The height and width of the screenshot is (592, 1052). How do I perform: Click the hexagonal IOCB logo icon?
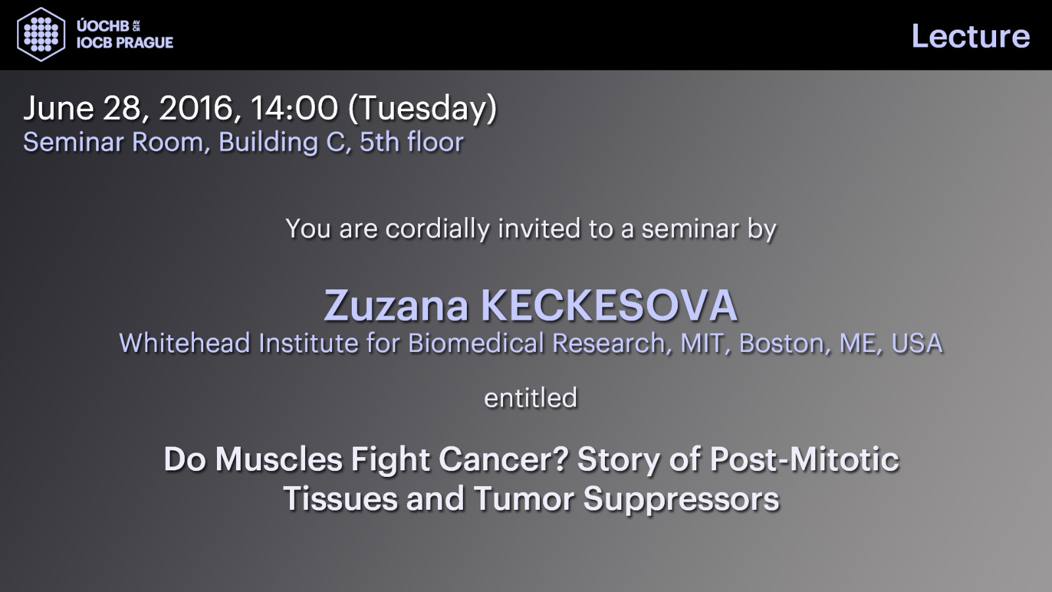[41, 34]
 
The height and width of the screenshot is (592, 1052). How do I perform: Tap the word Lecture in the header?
[970, 36]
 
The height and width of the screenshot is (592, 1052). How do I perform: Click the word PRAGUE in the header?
[144, 42]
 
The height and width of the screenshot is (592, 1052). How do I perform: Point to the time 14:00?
[294, 108]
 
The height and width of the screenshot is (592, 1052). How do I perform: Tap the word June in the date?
[59, 109]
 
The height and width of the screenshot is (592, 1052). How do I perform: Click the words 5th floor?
[412, 141]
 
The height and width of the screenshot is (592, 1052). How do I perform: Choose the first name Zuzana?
[396, 305]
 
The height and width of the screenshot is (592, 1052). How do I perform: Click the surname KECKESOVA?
[609, 305]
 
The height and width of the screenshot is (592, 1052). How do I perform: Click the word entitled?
[531, 398]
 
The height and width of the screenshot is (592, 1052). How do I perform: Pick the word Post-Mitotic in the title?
[805, 459]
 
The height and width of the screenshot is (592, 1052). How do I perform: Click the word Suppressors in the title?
[681, 499]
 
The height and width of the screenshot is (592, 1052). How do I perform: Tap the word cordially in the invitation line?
[438, 229]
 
